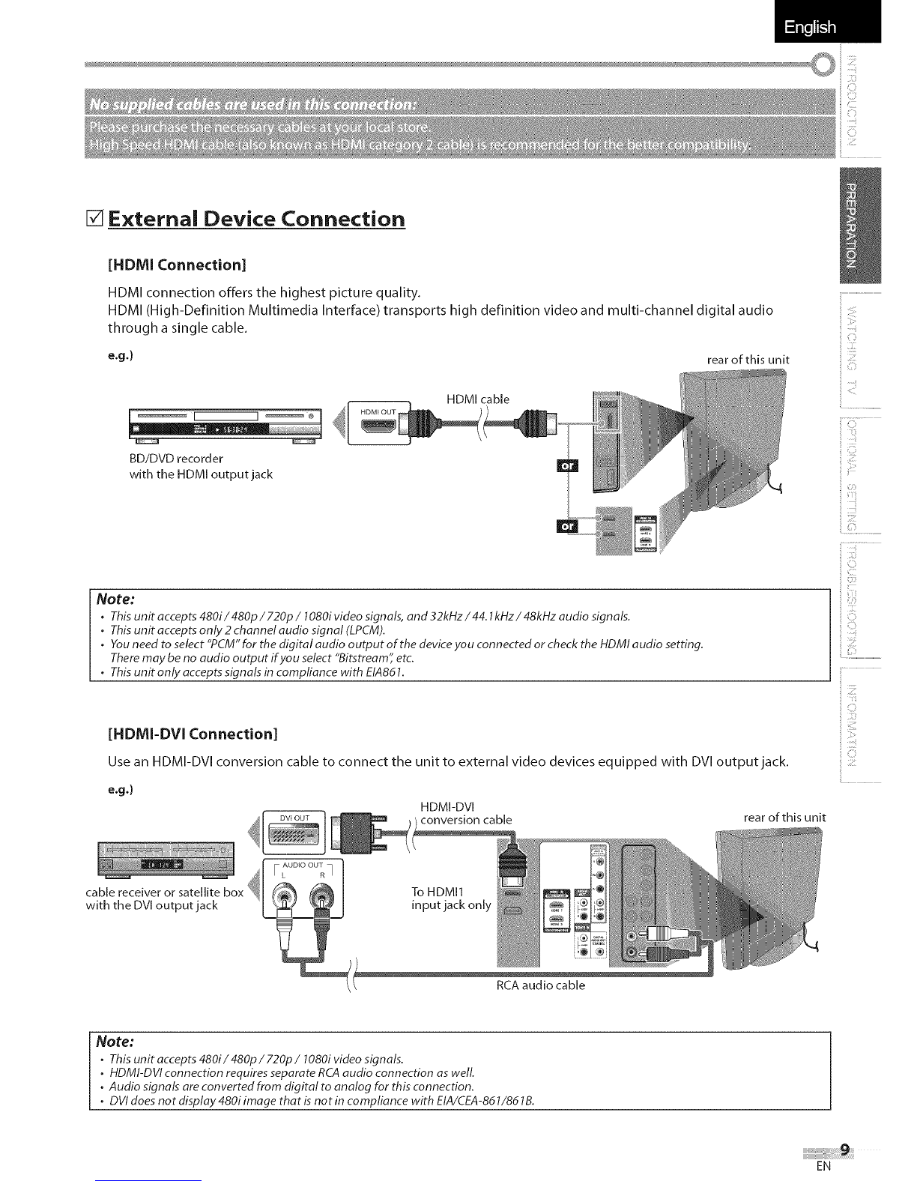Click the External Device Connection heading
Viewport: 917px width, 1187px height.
click(256, 220)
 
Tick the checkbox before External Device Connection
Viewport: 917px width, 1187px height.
click(96, 220)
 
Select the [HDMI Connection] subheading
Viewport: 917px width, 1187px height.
click(178, 265)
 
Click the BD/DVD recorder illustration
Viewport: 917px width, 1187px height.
click(225, 426)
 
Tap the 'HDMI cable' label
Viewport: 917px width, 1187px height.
click(477, 399)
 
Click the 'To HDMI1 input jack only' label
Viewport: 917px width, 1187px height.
click(451, 898)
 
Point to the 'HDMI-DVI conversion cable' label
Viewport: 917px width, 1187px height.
click(466, 812)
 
